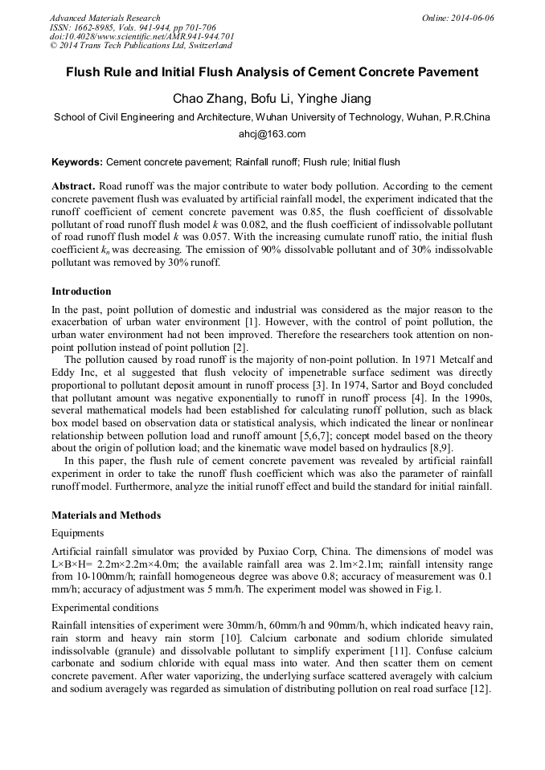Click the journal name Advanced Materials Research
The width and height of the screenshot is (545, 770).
(x=104, y=18)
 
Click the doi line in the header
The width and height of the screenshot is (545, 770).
(x=142, y=37)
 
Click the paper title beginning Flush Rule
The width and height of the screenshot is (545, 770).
(x=272, y=72)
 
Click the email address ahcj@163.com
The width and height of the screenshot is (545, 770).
(x=272, y=134)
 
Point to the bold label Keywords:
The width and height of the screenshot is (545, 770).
(x=77, y=161)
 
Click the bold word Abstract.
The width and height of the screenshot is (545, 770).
(x=74, y=185)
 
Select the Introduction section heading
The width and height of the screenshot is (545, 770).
(x=81, y=291)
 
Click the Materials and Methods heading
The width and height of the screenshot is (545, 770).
(x=106, y=515)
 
